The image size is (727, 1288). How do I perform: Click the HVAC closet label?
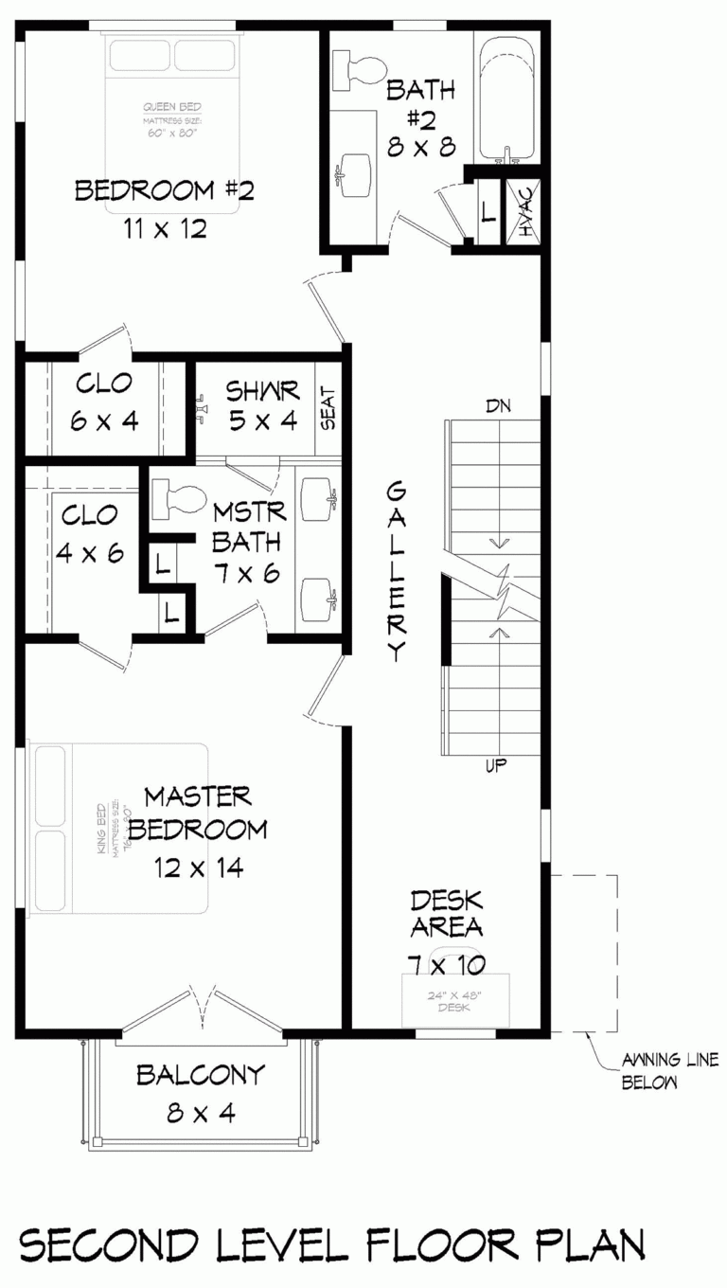524,210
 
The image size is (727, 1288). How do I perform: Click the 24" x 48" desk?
455,999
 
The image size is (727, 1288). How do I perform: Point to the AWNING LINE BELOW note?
657,1070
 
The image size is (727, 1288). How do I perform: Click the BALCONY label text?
200,1075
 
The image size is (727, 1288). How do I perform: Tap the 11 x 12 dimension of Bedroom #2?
164,229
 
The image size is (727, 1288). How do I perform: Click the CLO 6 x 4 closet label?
104,402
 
